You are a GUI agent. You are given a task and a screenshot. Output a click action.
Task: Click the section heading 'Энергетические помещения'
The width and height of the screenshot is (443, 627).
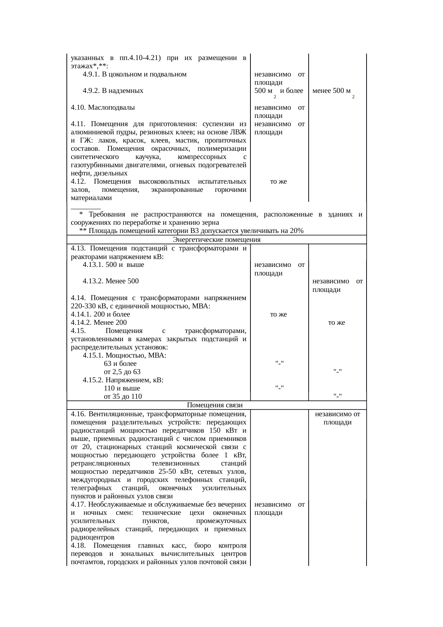216,239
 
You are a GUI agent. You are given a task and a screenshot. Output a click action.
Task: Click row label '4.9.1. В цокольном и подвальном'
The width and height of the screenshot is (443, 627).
134,74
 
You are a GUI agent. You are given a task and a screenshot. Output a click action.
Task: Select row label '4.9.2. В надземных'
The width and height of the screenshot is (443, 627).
113,91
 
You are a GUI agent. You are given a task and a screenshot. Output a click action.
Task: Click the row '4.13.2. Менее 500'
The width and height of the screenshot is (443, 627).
110,281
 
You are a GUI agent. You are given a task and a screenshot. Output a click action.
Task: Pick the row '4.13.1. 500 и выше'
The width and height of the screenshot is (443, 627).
113,265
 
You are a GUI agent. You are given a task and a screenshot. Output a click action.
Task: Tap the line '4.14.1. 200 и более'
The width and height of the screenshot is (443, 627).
100,314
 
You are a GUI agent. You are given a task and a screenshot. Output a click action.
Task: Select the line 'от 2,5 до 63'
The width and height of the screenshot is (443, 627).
122,372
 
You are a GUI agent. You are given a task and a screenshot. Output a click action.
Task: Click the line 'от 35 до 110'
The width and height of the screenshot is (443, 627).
123,396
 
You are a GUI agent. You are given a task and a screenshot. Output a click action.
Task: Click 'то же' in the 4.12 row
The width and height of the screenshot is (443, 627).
278,181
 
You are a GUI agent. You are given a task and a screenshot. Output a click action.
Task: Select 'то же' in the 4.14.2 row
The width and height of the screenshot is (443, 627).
337,323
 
